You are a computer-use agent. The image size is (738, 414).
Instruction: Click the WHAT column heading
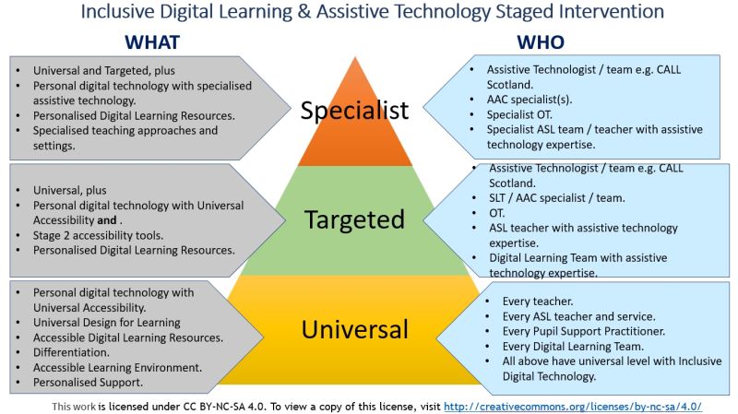coord(152,42)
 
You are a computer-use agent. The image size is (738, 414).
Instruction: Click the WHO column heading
coord(541,42)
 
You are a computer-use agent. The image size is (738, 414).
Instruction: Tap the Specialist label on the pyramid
coord(354,111)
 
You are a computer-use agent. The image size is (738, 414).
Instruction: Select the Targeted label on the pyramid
coord(354,219)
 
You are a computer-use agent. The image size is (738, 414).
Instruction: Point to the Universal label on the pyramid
coord(354,329)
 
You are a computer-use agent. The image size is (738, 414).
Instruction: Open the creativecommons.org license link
coord(573,407)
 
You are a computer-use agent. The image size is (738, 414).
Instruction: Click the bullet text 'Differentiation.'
coord(71,352)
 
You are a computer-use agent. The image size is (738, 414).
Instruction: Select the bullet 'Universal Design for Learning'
coord(106,323)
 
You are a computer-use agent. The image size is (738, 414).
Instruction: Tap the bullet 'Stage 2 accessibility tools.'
coord(98,235)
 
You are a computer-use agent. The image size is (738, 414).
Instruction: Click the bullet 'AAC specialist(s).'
coord(529,100)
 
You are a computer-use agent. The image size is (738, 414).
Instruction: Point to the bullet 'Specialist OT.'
coord(519,114)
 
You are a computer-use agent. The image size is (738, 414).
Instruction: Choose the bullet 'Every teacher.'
coord(538,302)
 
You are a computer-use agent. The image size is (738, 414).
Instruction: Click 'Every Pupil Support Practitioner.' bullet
coord(584,331)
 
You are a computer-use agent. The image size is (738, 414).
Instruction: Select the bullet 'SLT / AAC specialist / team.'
coord(557,198)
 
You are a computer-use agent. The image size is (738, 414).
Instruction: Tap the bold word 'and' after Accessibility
coord(107,220)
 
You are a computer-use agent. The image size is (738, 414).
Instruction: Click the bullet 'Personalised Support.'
coord(88,383)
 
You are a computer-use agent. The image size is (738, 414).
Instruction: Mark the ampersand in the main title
coord(304,11)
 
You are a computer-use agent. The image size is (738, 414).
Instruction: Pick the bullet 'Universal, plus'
coord(70,191)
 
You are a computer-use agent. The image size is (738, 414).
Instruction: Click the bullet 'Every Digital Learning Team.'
coord(573,347)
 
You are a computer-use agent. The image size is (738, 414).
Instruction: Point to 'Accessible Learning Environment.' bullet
coord(117,367)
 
